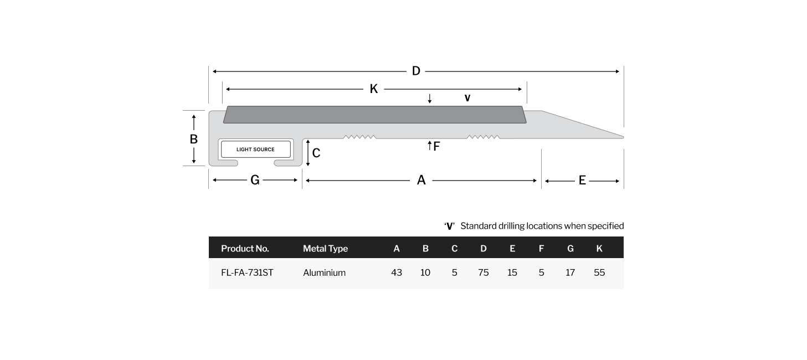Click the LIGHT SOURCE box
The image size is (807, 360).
(256, 149)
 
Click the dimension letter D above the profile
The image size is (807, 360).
(416, 71)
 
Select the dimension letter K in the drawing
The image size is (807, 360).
(374, 89)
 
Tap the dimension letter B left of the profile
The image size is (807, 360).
(193, 139)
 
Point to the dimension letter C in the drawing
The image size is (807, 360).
(316, 153)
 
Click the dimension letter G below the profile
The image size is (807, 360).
(255, 180)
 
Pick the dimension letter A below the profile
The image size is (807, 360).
(421, 180)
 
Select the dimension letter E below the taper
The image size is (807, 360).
(582, 180)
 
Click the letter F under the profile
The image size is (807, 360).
(436, 146)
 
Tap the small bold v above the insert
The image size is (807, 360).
(467, 98)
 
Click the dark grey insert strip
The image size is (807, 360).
(374, 115)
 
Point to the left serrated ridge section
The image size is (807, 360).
(360, 137)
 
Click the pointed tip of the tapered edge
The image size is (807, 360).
(623, 137)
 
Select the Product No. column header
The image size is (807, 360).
(245, 248)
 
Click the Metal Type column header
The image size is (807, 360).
(325, 248)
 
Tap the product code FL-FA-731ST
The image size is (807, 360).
(247, 272)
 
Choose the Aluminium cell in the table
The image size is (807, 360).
(324, 272)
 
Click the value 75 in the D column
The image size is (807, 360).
(484, 272)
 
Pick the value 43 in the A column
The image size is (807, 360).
(396, 272)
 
